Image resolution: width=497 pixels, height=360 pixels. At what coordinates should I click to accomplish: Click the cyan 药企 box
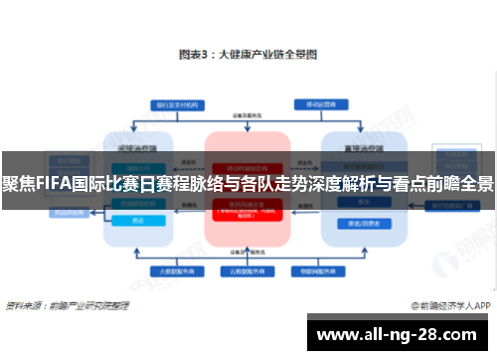pyautogui.click(x=138, y=220)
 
